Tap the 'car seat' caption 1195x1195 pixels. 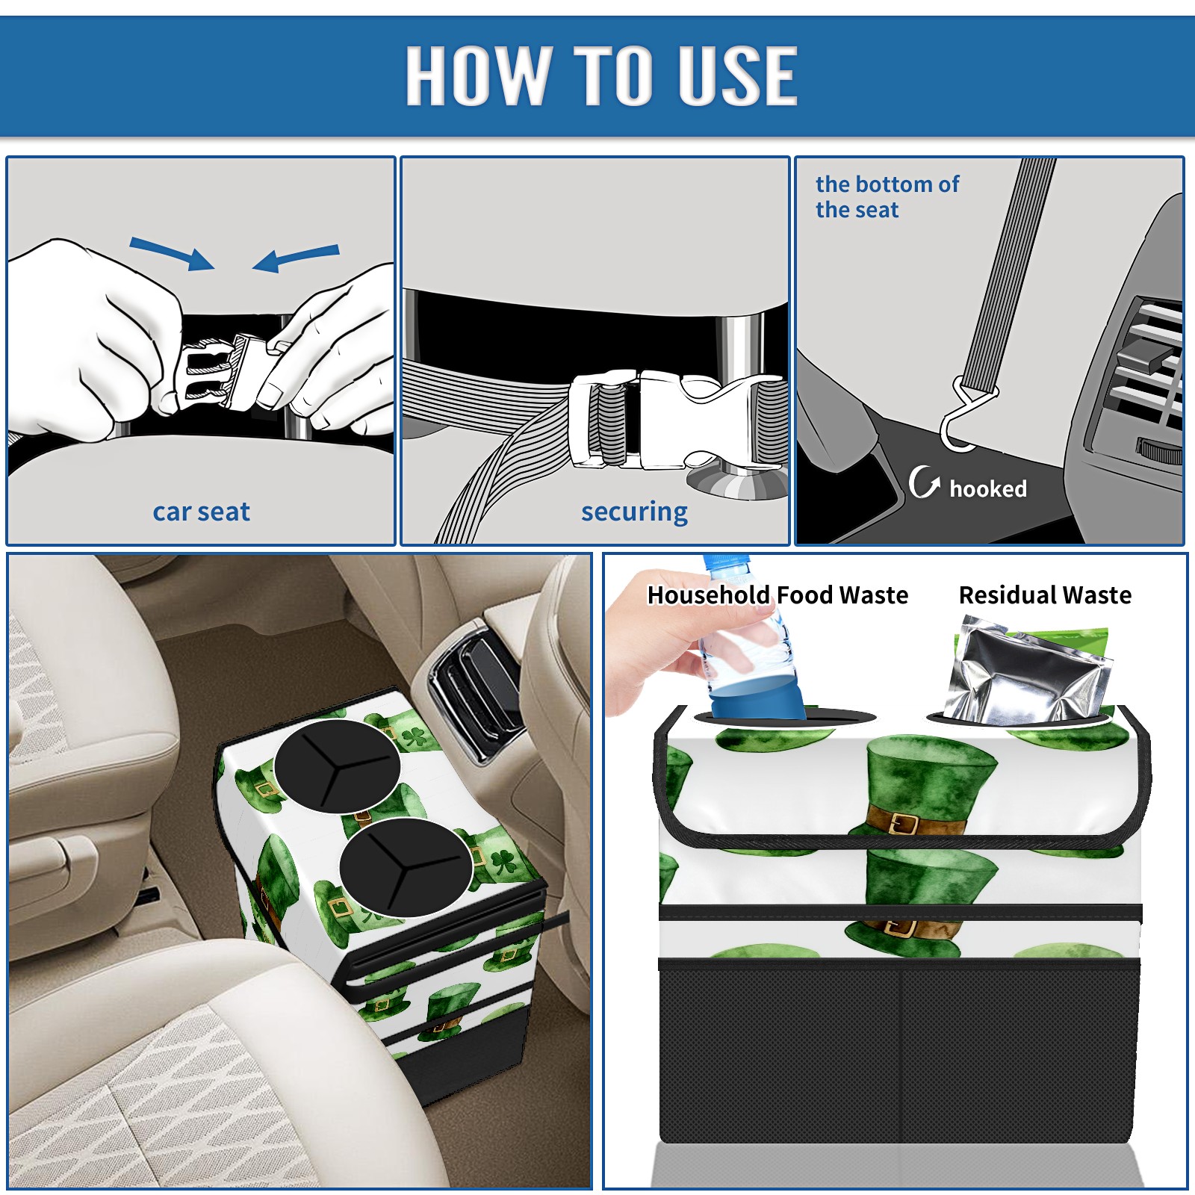click(x=201, y=512)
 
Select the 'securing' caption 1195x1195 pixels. click(x=634, y=512)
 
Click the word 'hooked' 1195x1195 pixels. click(x=987, y=488)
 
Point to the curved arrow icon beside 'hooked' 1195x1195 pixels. click(x=923, y=482)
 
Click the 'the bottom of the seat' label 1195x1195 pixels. click(x=887, y=196)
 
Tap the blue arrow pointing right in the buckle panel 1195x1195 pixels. click(x=172, y=253)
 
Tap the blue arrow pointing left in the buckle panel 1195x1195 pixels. click(x=296, y=258)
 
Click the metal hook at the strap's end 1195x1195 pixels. click(x=963, y=418)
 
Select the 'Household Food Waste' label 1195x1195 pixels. click(x=777, y=595)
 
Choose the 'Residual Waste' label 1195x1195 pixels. click(x=1045, y=595)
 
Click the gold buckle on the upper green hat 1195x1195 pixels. click(x=904, y=824)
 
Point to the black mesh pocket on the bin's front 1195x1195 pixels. click(x=899, y=1053)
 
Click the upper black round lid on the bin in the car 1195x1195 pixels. click(x=337, y=766)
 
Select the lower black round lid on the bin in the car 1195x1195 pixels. click(x=406, y=867)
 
